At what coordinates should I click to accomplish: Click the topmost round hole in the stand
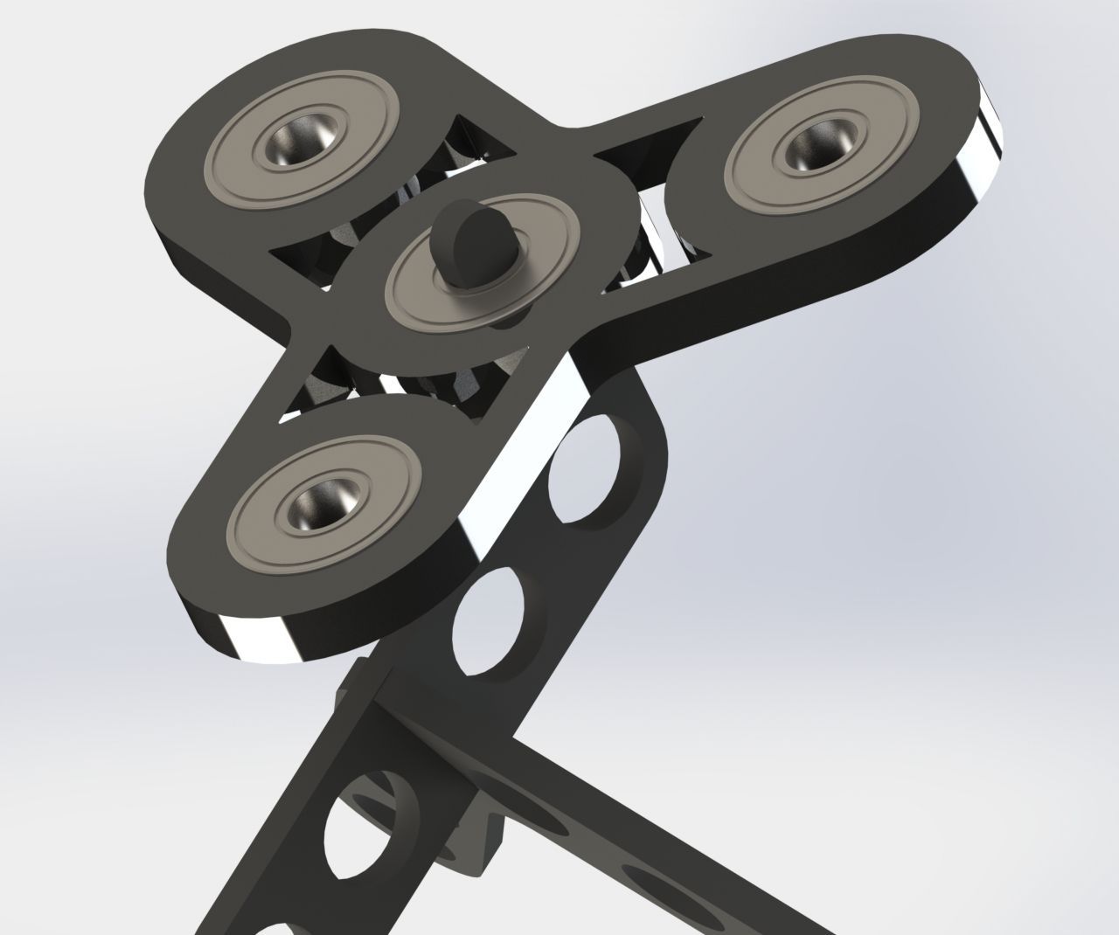[x=586, y=472]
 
